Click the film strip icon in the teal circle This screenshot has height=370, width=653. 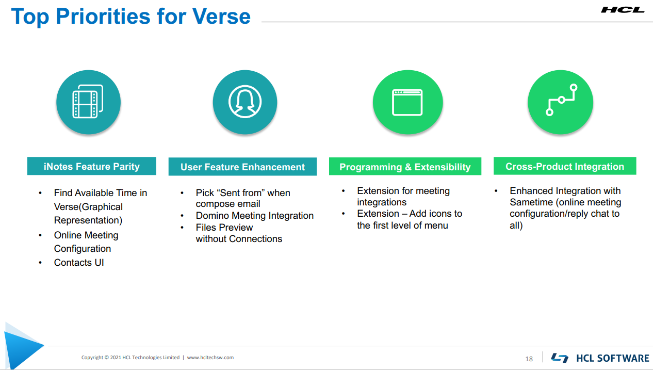pos(88,101)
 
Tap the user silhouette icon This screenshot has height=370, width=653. pos(245,102)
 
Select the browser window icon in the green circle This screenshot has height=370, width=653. pos(407,102)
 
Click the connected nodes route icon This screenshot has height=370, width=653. pos(562,100)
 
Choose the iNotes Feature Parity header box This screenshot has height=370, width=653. pos(92,166)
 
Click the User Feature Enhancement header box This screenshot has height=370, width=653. pos(242,167)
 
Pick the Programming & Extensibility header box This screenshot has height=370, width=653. pos(405,167)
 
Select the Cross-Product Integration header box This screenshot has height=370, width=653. pos(565,166)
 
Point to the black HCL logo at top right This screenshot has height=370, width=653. pos(623,10)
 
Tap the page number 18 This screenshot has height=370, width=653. pos(529,359)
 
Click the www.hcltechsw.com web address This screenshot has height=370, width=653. pos(210,358)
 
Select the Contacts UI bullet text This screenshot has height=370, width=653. pos(79,263)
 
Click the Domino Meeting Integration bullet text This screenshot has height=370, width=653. pos(254,216)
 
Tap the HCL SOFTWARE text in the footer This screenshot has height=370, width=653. pos(612,358)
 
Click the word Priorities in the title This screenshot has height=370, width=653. pos(103,17)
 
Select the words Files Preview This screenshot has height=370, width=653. pos(224,228)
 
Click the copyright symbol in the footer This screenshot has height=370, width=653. pos(106,358)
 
